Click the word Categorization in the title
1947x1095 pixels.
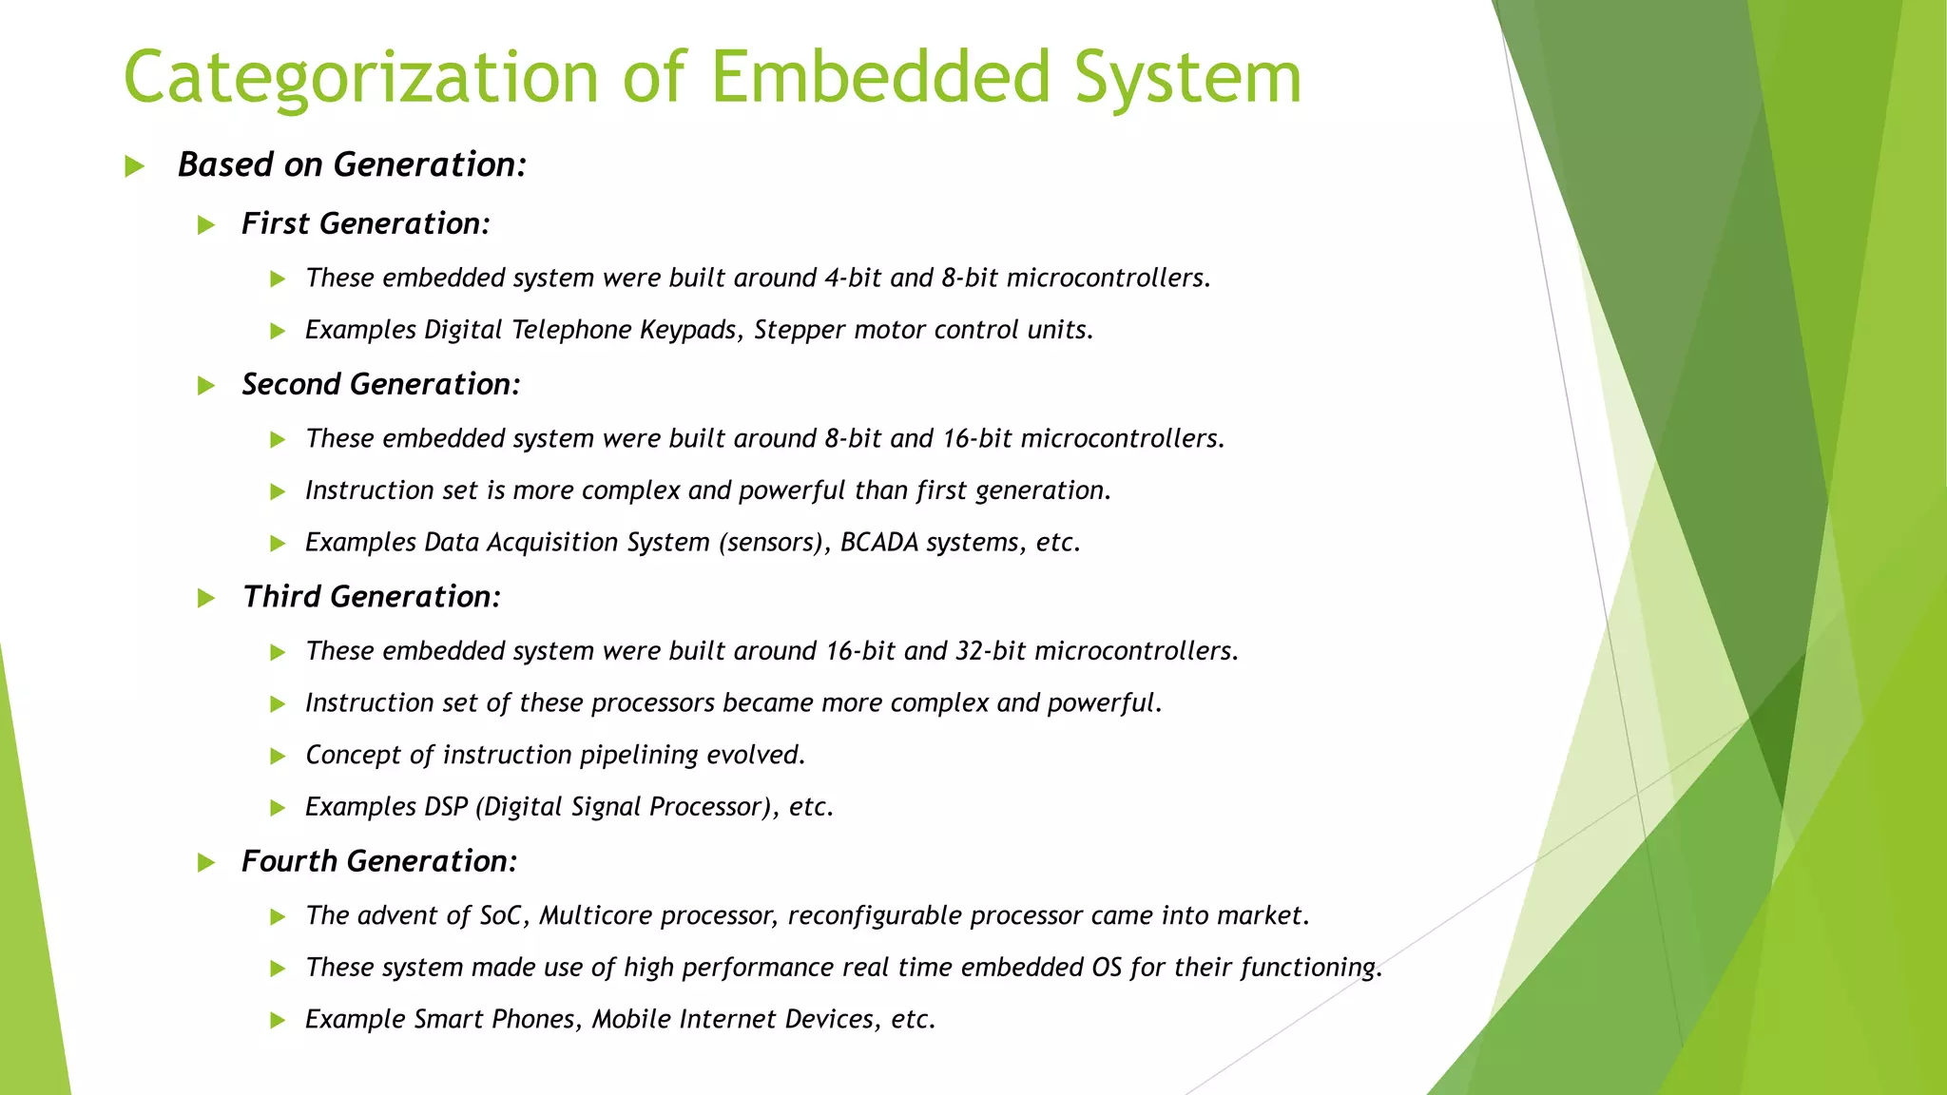[x=360, y=78]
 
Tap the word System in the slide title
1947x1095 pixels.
[x=1187, y=78]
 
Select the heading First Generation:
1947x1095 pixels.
[x=365, y=223]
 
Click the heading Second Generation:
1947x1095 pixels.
[x=380, y=384]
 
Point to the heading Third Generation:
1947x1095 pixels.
[x=371, y=597]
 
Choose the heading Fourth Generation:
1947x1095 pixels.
[x=378, y=861]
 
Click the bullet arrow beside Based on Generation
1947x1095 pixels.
[x=135, y=167]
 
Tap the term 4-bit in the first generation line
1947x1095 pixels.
[x=853, y=278]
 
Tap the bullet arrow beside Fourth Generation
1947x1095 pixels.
[x=206, y=863]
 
